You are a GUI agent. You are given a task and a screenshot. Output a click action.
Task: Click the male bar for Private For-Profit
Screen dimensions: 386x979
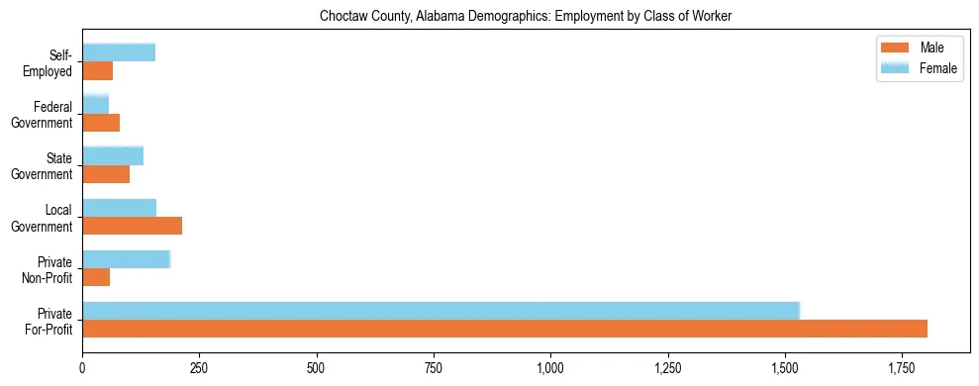coord(505,329)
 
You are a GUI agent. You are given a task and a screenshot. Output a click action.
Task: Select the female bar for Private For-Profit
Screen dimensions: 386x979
coord(441,311)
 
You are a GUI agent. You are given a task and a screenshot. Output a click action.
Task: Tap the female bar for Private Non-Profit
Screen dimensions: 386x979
coord(127,259)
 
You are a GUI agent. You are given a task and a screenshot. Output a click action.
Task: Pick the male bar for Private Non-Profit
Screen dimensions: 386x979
coord(96,277)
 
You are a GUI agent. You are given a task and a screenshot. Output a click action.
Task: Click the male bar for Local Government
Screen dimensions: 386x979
coord(132,226)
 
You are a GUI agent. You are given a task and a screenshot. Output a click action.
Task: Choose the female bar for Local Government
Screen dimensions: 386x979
coord(119,208)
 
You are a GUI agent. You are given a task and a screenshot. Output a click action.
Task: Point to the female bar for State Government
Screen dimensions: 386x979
coord(113,155)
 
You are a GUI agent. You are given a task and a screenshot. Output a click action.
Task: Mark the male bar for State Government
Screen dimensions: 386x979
coord(106,174)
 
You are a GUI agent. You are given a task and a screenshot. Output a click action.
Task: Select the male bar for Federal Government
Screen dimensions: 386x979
coord(101,123)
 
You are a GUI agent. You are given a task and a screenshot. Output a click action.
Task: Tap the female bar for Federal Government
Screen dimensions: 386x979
coord(95,104)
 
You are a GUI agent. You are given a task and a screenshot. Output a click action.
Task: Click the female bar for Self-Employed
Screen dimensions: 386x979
coord(119,52)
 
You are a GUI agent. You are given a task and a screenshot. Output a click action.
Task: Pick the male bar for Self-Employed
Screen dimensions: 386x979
coord(97,71)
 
